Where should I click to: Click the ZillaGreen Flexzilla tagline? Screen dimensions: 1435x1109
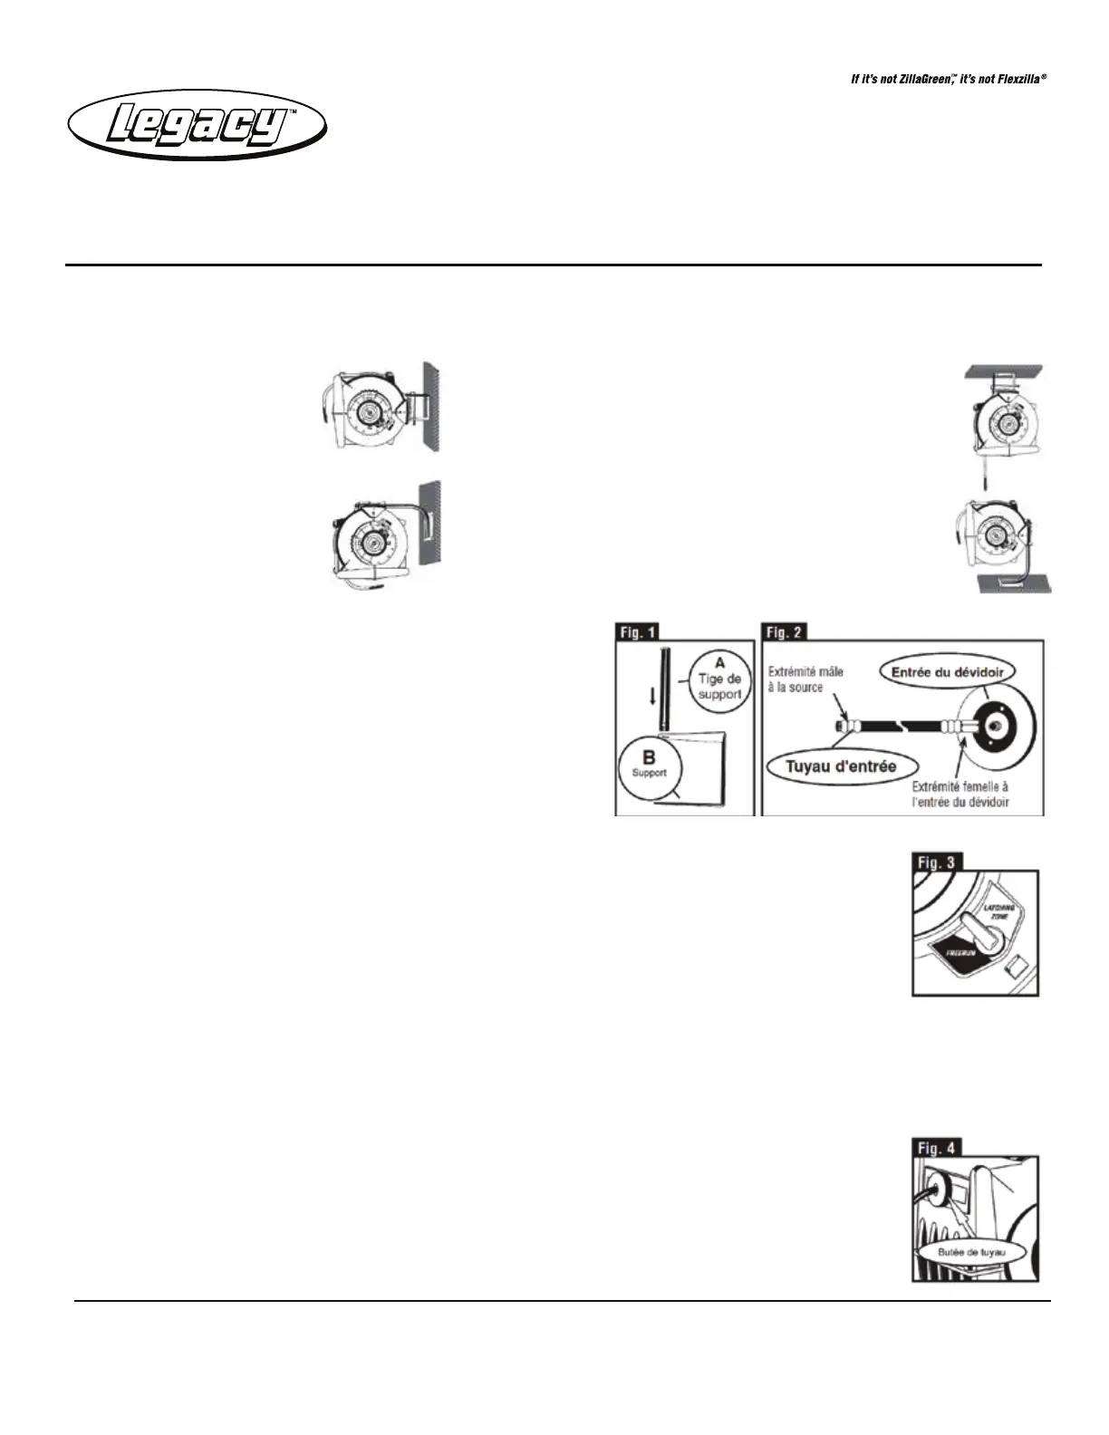[948, 80]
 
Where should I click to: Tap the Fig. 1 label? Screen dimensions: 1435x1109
[638, 631]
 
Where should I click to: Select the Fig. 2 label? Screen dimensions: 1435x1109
[785, 631]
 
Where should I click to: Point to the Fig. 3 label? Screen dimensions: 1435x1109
[936, 862]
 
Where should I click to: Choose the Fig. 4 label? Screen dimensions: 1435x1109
[936, 1148]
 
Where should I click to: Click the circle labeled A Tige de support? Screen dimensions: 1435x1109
[719, 679]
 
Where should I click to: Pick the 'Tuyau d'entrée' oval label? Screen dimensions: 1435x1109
[841, 766]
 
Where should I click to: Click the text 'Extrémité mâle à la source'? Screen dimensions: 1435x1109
[805, 679]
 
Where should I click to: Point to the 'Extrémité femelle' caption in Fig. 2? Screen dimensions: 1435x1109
[960, 795]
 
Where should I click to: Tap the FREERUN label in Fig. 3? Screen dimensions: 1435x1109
[960, 954]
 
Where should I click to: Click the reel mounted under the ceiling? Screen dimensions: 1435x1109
[1005, 421]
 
